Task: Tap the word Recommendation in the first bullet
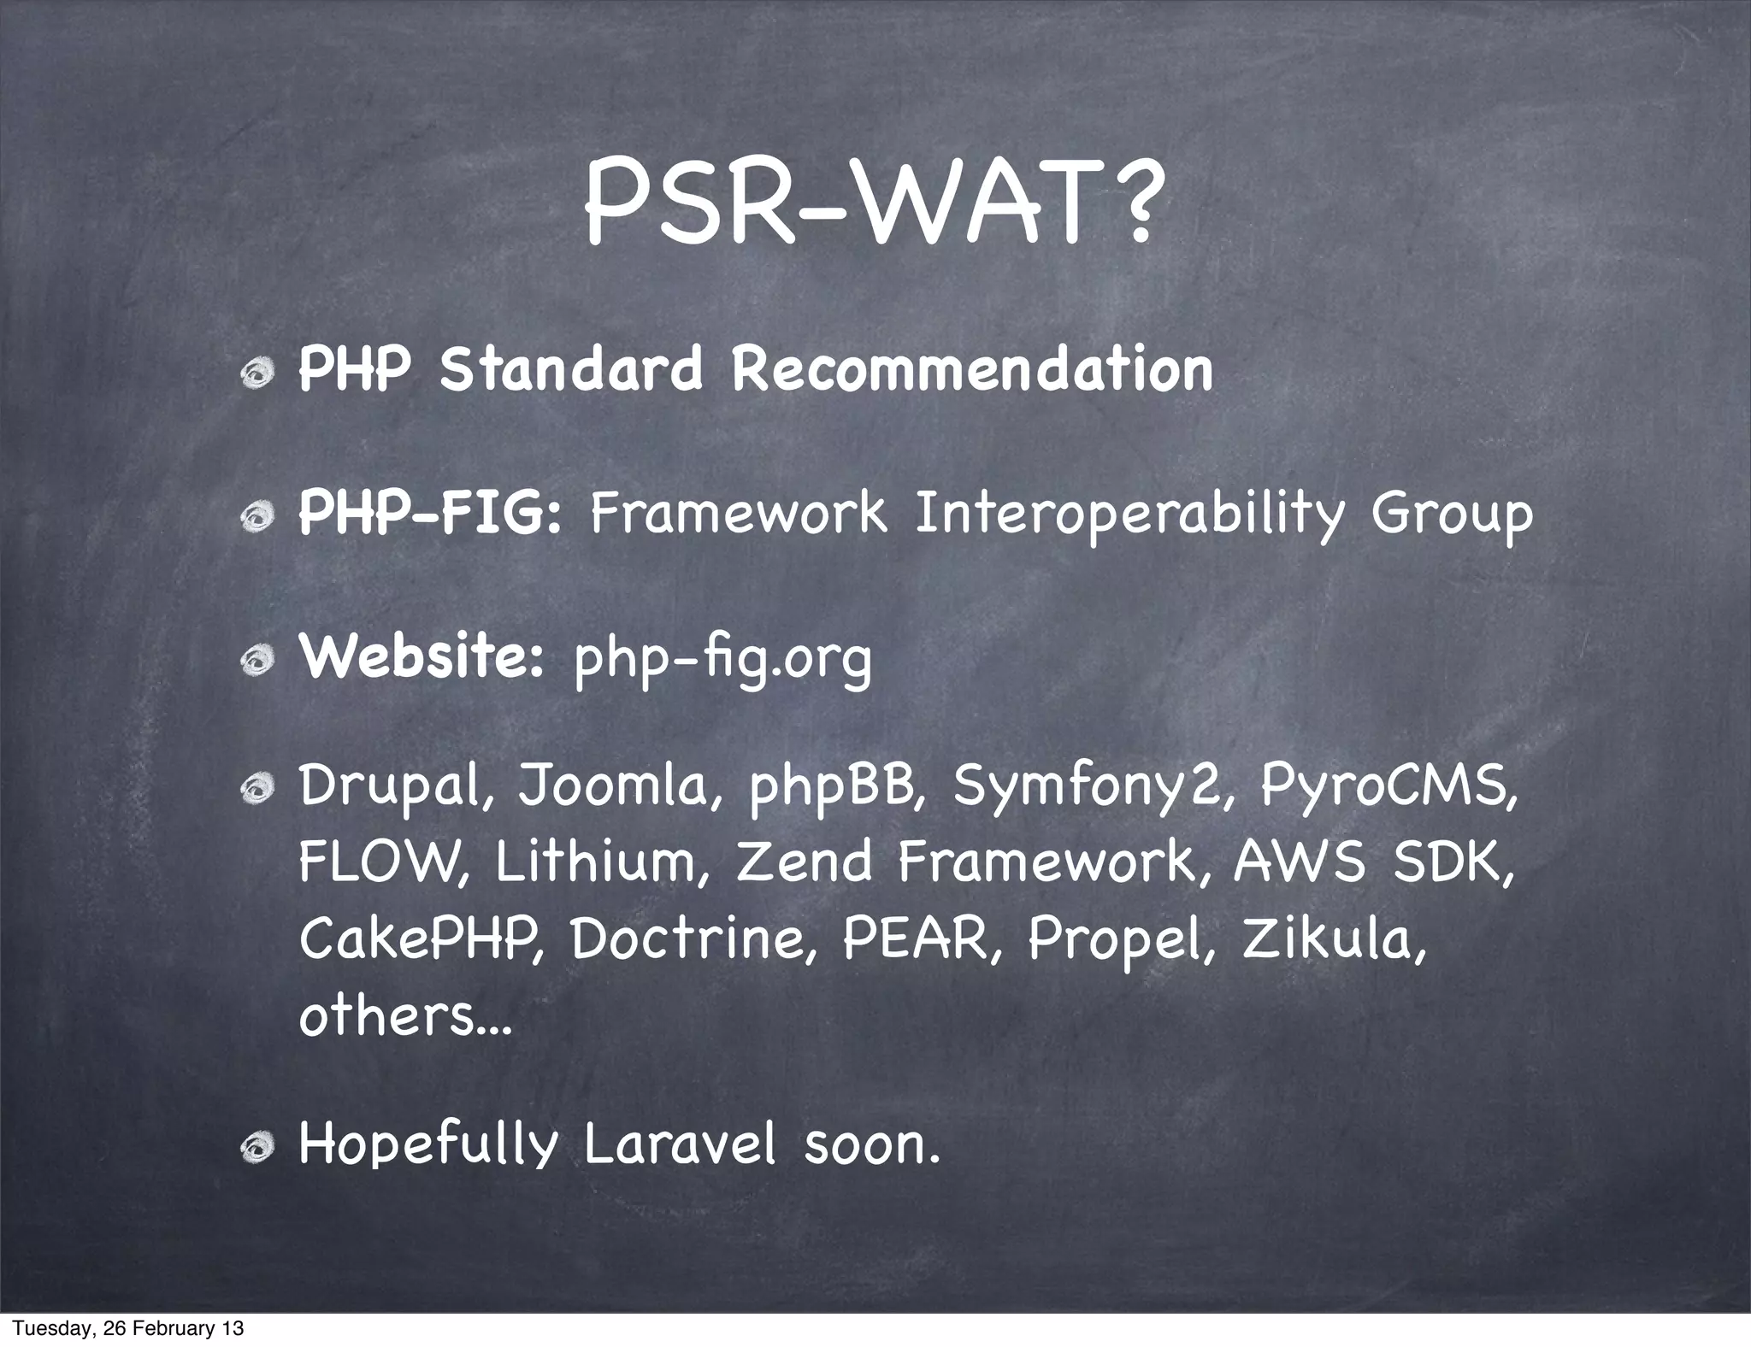pos(972,369)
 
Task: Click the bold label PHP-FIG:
pos(429,513)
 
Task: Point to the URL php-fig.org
pos(722,658)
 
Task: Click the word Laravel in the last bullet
pos(680,1144)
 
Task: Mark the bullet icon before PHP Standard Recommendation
pos(256,374)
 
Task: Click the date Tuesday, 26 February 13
pos(128,1328)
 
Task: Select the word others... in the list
pos(404,1015)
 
